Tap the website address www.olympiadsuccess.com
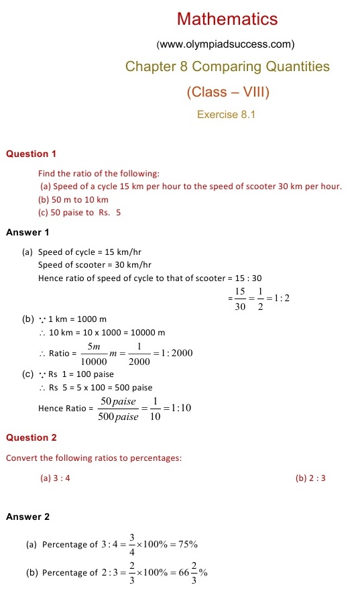[x=225, y=45]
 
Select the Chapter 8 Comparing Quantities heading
[x=227, y=66]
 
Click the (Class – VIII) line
[x=227, y=91]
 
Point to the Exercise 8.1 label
[x=227, y=115]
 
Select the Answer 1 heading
[x=27, y=233]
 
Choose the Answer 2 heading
[x=27, y=517]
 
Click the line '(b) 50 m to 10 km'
[x=74, y=199]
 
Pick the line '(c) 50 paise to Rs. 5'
[x=80, y=213]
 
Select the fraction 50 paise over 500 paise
[x=118, y=409]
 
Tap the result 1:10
[x=182, y=407]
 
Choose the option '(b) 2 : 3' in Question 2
[x=310, y=478]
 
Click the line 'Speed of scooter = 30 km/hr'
[x=95, y=265]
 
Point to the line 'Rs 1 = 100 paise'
[x=80, y=374]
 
